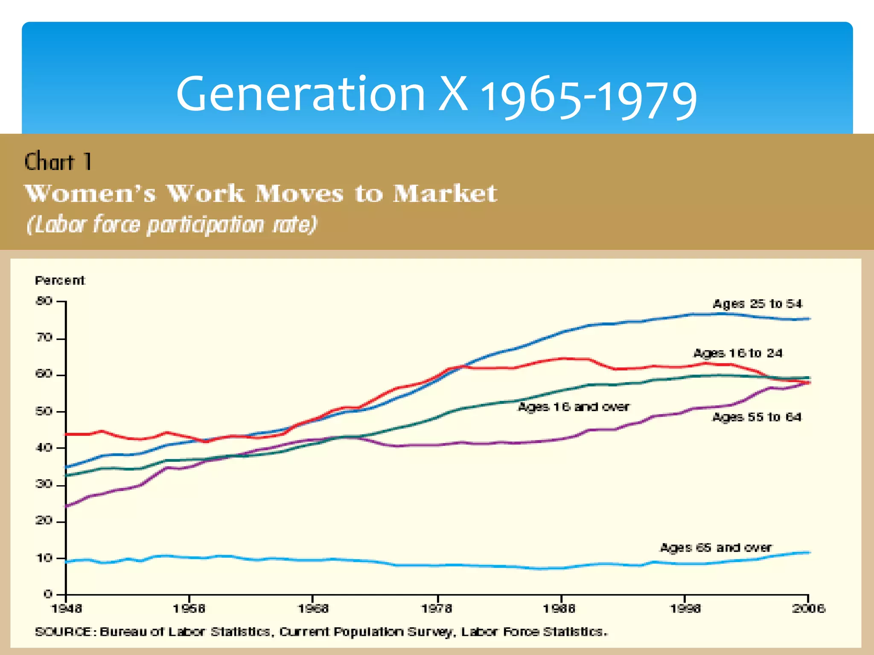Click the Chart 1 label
58,162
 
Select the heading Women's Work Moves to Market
260,193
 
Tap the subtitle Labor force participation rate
172,225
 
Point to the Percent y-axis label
60,281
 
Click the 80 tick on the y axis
44,301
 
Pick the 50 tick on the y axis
44,412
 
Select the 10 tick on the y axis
44,558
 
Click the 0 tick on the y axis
48,594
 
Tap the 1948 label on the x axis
67,609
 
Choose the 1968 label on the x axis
313,609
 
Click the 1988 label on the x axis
559,609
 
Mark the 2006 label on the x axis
808,609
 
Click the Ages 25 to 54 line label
757,304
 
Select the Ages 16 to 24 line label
738,353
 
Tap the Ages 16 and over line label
574,407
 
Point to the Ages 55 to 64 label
757,417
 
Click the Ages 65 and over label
716,547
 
